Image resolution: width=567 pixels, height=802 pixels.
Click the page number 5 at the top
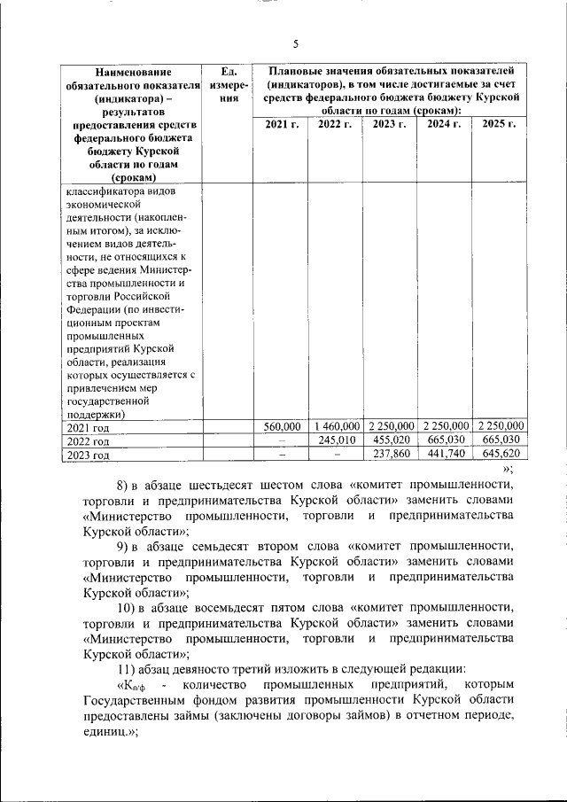point(296,44)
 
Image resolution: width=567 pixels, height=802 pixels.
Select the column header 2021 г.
point(282,124)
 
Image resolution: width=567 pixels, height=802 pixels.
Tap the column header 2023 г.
point(390,124)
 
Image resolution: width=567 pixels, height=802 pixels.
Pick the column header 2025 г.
point(499,124)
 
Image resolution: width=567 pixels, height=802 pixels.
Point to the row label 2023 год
point(89,456)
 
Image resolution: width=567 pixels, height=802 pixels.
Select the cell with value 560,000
point(283,426)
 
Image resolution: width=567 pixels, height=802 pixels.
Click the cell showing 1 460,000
point(336,426)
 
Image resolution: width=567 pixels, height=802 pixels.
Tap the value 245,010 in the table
point(336,440)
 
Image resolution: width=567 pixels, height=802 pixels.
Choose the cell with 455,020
point(390,440)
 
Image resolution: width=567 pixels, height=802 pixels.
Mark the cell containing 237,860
point(390,455)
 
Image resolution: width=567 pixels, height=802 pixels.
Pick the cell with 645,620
point(499,455)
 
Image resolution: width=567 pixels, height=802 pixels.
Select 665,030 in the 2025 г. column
point(499,440)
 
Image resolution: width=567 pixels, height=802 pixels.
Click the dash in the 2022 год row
point(282,440)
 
